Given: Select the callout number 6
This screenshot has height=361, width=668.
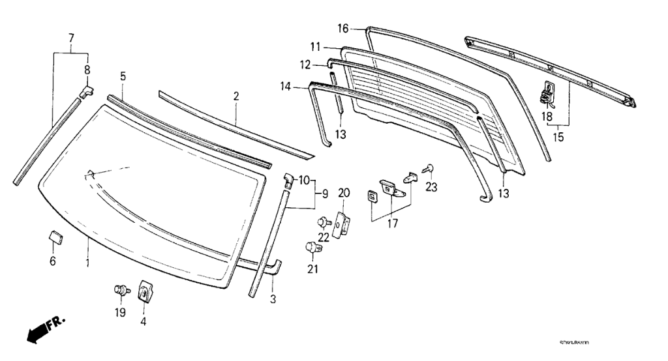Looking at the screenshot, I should click(x=53, y=261).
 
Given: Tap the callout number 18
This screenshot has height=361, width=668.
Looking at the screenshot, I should click(x=547, y=116).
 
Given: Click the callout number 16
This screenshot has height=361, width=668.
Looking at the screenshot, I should click(x=344, y=28).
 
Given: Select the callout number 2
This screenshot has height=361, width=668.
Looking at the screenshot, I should click(x=236, y=96).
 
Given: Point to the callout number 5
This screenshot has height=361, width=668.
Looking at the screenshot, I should click(x=123, y=76).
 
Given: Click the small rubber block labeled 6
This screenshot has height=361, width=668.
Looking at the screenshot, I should click(x=55, y=236).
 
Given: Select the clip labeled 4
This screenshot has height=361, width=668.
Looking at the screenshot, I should click(x=144, y=291).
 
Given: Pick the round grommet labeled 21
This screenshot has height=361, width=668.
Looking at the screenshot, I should click(x=312, y=248).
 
